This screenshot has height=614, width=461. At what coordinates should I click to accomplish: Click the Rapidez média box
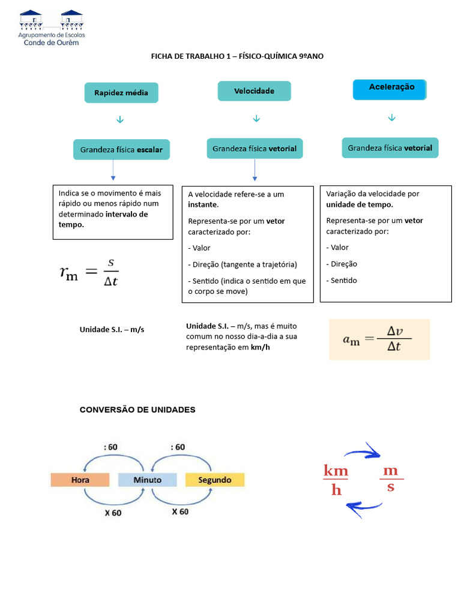pyautogui.click(x=121, y=93)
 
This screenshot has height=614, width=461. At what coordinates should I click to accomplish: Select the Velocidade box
pyautogui.click(x=254, y=91)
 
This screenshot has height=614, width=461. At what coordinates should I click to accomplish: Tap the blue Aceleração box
pyautogui.click(x=391, y=89)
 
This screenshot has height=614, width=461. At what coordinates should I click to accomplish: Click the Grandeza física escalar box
pyautogui.click(x=121, y=149)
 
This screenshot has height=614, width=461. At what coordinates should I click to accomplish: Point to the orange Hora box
pyautogui.click(x=80, y=480)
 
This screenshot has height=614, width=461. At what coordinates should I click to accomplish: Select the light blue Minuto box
pyautogui.click(x=147, y=480)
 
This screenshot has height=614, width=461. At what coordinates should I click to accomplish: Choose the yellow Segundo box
pyautogui.click(x=215, y=480)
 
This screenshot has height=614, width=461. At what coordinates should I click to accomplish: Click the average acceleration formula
pyautogui.click(x=379, y=339)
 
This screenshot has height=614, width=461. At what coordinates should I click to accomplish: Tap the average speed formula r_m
pyautogui.click(x=89, y=272)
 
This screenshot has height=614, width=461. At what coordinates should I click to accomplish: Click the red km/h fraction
pyautogui.click(x=336, y=480)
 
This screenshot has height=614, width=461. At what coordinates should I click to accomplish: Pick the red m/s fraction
pyautogui.click(x=391, y=478)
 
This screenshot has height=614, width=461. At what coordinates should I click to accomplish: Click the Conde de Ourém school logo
pyautogui.click(x=53, y=28)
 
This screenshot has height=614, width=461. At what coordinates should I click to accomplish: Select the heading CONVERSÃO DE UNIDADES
pyautogui.click(x=137, y=410)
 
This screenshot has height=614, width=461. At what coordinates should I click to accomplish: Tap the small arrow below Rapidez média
pyautogui.click(x=120, y=121)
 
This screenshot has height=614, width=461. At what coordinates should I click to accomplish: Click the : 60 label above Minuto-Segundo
pyautogui.click(x=178, y=447)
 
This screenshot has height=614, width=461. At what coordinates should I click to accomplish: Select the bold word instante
pyautogui.click(x=203, y=205)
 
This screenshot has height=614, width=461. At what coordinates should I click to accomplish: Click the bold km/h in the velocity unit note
pyautogui.click(x=261, y=347)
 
